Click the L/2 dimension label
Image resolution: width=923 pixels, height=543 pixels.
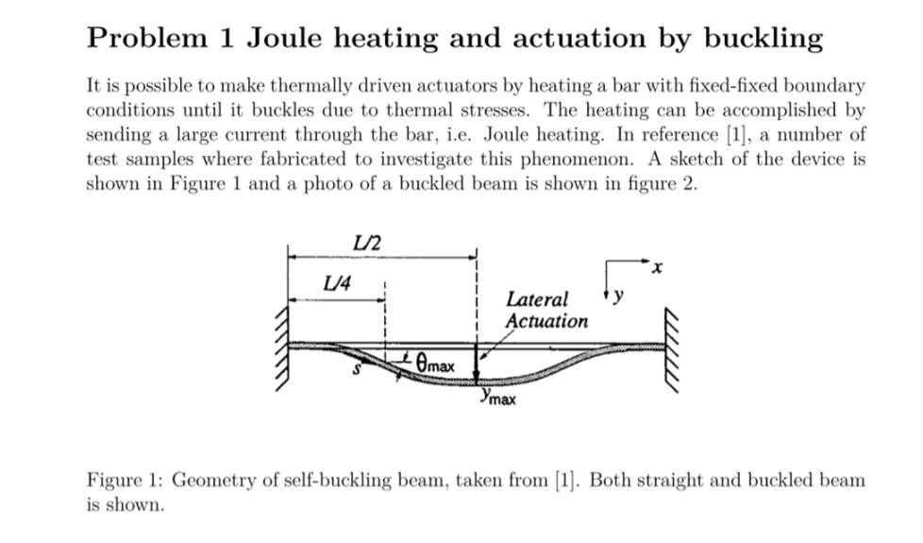coord(366,242)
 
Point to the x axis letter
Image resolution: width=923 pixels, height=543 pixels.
coord(658,269)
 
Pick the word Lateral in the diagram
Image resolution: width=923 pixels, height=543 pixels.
coord(537,299)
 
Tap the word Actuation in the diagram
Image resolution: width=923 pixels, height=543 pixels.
coord(546,321)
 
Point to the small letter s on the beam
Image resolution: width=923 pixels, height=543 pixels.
coord(357,370)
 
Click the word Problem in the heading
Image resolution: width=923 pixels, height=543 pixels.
coord(146,39)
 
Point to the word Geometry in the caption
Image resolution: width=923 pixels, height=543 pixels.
coord(215,480)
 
